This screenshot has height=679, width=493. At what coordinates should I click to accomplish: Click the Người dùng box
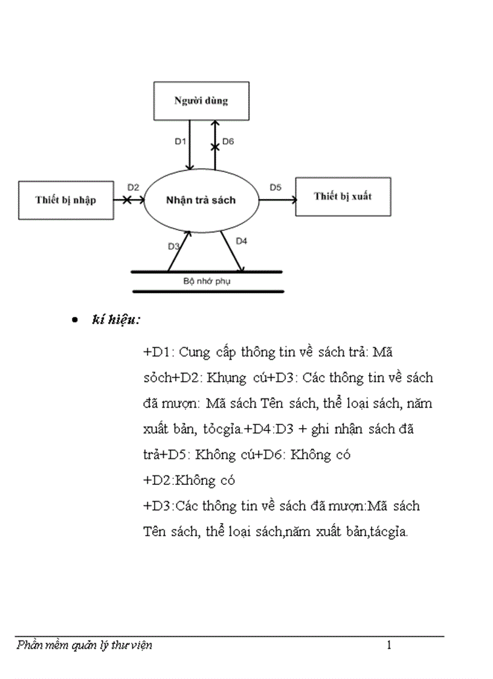201,101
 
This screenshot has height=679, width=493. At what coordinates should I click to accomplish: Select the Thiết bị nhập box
65,200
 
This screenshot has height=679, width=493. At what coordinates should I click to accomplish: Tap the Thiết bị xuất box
343,197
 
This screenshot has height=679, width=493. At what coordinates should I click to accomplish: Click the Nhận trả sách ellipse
201,200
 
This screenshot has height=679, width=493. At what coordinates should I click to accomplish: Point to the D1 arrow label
180,141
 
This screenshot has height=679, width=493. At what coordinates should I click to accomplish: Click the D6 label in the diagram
228,141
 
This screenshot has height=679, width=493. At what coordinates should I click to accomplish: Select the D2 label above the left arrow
134,187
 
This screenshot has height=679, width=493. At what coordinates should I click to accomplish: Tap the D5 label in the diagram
275,187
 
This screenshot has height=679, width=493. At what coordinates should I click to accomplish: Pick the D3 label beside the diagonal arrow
173,246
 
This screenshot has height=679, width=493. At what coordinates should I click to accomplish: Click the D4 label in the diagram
241,241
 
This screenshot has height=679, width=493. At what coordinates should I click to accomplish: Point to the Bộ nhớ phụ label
207,281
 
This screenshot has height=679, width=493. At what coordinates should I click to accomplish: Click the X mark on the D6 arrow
214,147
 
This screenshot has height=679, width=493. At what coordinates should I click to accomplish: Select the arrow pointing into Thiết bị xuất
277,200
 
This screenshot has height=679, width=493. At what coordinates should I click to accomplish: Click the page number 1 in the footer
389,645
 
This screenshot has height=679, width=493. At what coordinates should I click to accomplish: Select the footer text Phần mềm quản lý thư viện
85,645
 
